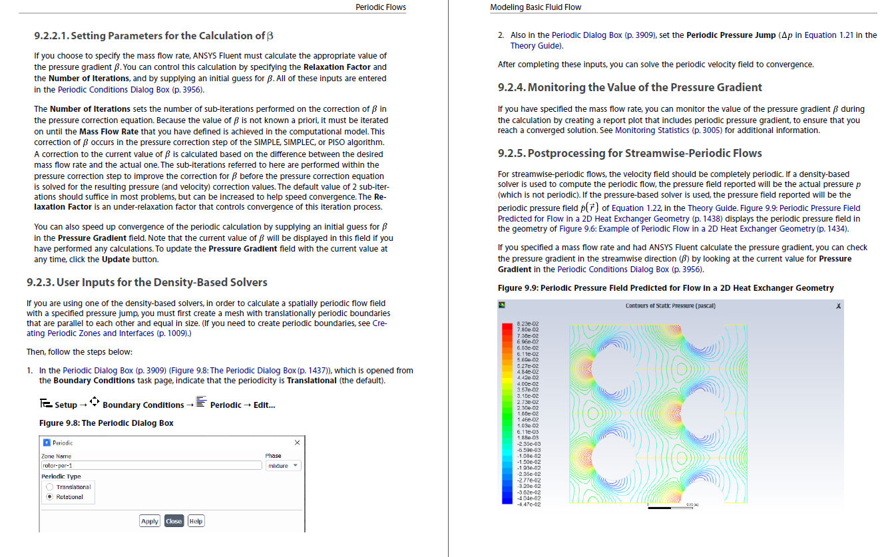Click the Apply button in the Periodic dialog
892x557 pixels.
point(150,521)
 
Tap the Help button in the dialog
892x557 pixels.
point(196,521)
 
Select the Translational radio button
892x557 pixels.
point(49,487)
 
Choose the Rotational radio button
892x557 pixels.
point(49,497)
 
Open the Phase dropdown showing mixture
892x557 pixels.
point(284,466)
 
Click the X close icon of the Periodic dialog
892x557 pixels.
point(297,443)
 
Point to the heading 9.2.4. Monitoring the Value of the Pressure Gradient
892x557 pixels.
point(630,87)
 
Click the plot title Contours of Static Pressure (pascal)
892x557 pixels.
point(670,306)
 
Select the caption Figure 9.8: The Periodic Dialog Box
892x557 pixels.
point(107,423)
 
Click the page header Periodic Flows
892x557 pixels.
point(381,7)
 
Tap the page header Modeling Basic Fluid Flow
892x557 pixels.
point(535,7)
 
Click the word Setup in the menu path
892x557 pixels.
point(66,405)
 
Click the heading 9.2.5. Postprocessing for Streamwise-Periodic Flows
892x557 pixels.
point(630,153)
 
